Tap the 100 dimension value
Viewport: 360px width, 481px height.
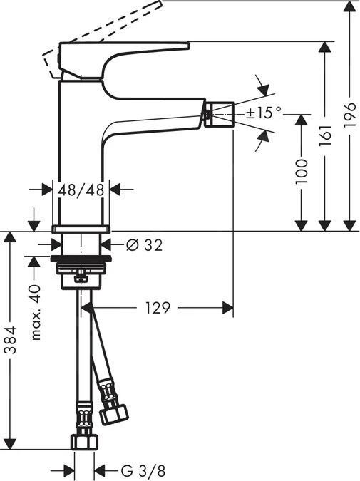302,173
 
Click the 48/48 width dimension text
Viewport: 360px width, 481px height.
82,189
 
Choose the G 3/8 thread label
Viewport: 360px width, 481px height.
135,471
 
